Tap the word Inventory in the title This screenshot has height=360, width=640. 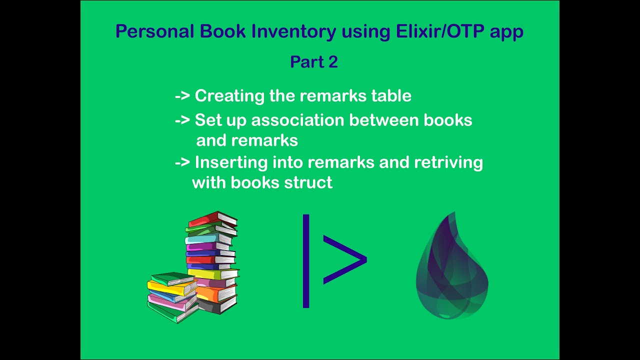tap(293, 31)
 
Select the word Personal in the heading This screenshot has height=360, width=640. tap(154, 31)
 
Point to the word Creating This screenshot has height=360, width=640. tap(230, 95)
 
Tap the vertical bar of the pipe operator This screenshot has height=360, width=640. tap(306, 261)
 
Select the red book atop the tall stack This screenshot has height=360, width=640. tap(212, 218)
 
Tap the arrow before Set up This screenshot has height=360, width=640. tap(182, 120)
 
